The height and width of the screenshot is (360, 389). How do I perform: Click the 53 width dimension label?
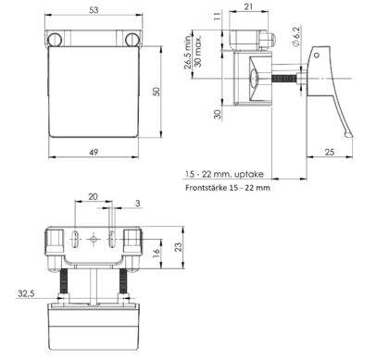coord(94,10)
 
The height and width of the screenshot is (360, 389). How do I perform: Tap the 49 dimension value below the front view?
coord(94,152)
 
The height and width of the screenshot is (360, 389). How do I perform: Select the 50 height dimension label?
coord(157,92)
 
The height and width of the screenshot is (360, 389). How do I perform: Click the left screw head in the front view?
coord(55,40)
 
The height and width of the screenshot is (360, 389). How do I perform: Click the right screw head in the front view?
coord(132,40)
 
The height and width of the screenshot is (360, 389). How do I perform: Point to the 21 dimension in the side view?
coord(249,6)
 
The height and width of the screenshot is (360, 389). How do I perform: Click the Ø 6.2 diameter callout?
coord(295,37)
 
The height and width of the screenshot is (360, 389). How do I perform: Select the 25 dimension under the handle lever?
coord(330,152)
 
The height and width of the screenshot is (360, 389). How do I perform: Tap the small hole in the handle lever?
coord(317,56)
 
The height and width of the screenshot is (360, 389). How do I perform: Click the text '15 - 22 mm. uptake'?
coord(224,174)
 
